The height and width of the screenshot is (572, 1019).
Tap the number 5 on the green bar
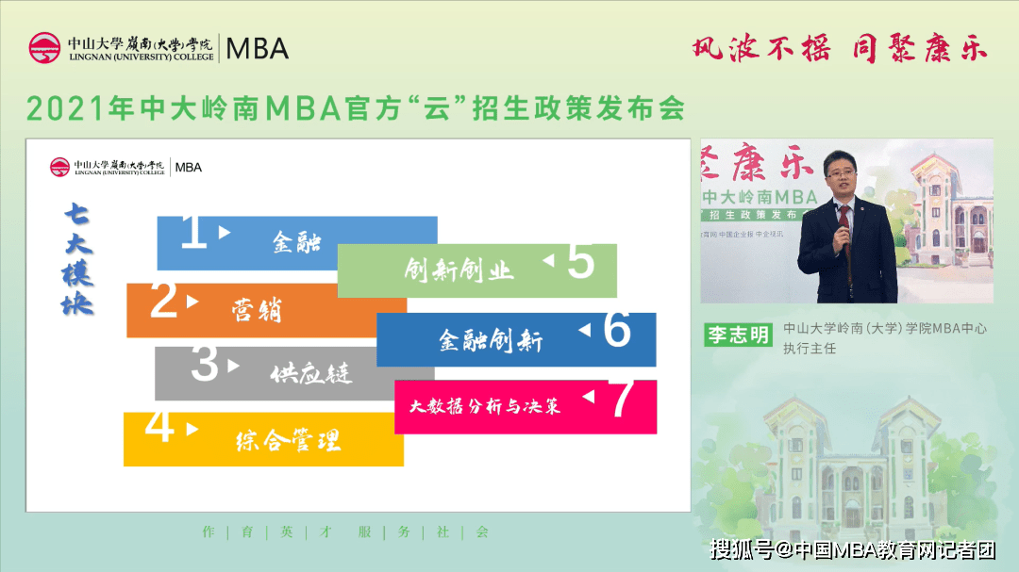[x=580, y=261]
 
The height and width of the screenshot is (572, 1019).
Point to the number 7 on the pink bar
[x=621, y=400]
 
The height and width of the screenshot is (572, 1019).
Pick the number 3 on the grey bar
[x=204, y=365]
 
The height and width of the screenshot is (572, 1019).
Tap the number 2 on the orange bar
[x=163, y=301]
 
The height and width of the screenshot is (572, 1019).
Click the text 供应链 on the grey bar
[x=310, y=373]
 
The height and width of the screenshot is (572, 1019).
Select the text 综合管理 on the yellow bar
[x=288, y=439]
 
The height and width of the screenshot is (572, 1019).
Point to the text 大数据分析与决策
[x=484, y=407]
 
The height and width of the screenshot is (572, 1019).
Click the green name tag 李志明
[x=738, y=335]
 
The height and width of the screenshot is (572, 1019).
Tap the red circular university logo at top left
[x=44, y=48]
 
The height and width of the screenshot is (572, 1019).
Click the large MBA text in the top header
[x=259, y=48]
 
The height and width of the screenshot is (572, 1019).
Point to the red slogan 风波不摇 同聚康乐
[x=839, y=48]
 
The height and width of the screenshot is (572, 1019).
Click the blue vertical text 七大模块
[x=77, y=259]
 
